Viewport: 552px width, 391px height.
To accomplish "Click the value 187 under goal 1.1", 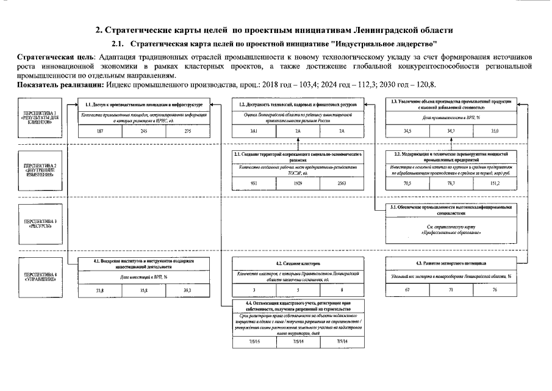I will pos(99,131).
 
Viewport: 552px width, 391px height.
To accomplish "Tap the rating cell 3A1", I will pos(254,131).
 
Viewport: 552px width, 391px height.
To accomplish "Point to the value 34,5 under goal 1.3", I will pos(406,131).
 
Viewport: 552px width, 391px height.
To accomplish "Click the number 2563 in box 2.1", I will pos(342,183).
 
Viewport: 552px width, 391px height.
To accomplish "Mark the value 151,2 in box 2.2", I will pos(495,183).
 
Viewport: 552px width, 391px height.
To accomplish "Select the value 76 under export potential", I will pos(495,290).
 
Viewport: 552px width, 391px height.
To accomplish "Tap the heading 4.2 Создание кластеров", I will pos(298,263).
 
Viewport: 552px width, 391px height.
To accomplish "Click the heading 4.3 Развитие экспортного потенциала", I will pos(450,263).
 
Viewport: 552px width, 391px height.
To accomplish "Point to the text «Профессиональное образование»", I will pos(450,233).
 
